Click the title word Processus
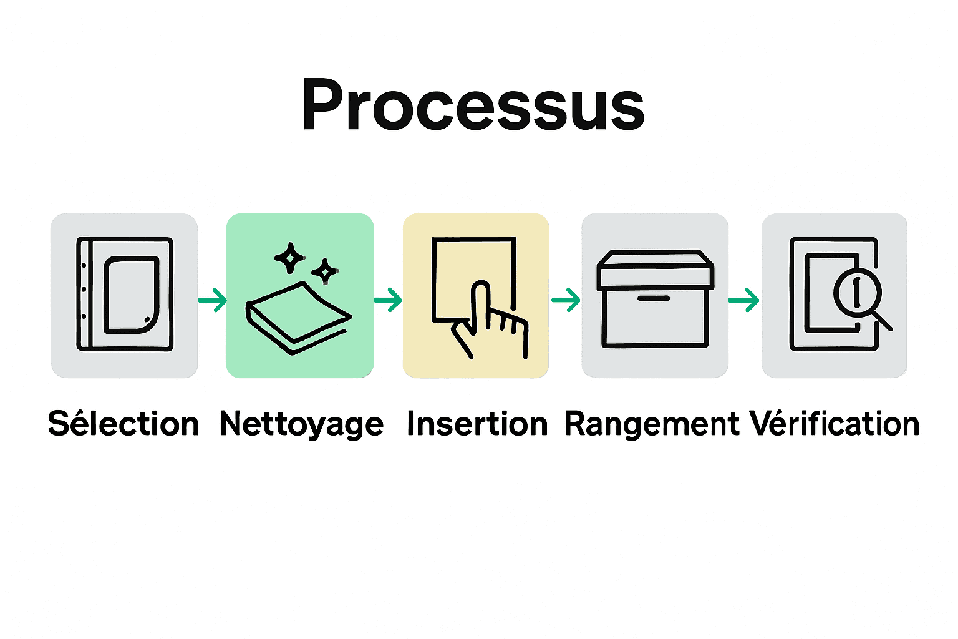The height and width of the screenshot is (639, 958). [x=473, y=105]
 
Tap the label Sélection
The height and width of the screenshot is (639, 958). [x=123, y=424]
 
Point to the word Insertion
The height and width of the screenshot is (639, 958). [x=477, y=424]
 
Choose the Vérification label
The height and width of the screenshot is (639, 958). [x=835, y=424]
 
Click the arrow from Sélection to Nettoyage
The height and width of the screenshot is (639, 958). [x=213, y=300]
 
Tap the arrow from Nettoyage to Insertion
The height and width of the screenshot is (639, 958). [x=389, y=300]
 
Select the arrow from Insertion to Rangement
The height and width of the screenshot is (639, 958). [x=566, y=300]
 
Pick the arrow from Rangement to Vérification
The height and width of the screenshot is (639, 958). [x=744, y=300]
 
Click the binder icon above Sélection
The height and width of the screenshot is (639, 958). [x=124, y=294]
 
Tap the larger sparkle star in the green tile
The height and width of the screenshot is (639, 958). [x=290, y=258]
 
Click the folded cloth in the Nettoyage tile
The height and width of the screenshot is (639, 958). [x=298, y=318]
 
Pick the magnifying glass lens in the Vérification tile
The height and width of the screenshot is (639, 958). [x=857, y=292]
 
